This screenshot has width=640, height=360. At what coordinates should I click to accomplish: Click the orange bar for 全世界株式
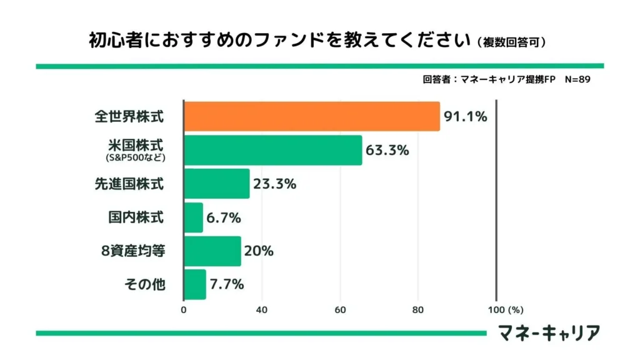312,116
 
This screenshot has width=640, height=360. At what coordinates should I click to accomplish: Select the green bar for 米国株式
273,150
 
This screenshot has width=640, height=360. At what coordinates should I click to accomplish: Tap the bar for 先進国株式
217,184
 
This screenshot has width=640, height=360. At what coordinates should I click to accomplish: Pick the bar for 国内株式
194,217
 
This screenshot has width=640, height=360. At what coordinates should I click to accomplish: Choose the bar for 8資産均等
212,251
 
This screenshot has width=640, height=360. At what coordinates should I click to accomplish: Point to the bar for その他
195,284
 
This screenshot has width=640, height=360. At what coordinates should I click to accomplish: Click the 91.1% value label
465,116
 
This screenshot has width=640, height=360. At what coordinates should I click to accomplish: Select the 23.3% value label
274,184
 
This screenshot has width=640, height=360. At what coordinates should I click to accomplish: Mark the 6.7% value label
224,217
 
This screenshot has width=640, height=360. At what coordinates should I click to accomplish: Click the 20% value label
259,251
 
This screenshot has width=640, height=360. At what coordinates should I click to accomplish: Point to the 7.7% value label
227,284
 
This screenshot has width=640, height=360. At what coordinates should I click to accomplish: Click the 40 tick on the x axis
262,309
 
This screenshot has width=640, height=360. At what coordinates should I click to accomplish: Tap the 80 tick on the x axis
418,309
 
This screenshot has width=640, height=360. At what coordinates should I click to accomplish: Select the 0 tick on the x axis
184,309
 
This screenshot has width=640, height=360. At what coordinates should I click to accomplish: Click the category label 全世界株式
129,116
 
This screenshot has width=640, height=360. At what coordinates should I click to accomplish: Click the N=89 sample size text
577,79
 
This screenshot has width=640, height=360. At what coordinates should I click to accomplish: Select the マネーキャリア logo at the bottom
549,332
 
